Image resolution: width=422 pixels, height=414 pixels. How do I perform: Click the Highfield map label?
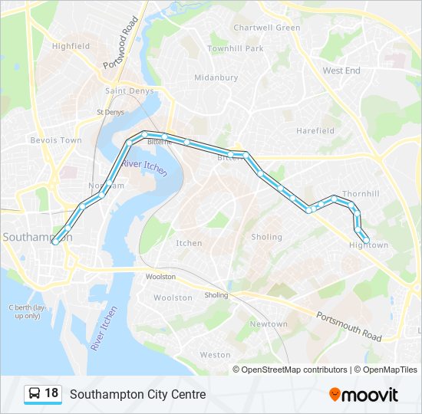[71, 46]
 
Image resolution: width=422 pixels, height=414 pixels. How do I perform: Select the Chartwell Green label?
[267, 28]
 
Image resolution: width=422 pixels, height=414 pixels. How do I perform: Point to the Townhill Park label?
[235, 48]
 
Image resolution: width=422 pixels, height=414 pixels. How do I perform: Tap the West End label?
[341, 71]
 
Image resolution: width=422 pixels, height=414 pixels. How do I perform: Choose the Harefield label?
[315, 130]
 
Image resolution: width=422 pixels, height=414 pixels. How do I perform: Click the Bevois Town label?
[55, 140]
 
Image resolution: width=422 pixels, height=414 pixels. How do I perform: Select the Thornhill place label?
[361, 194]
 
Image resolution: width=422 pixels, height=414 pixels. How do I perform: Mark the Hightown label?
[369, 245]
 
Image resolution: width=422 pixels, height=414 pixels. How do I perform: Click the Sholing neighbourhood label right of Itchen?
[267, 237]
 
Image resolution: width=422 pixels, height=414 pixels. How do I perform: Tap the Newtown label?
[269, 324]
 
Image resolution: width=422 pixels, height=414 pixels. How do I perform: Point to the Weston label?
[215, 355]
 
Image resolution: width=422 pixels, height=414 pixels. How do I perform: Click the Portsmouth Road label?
[349, 326]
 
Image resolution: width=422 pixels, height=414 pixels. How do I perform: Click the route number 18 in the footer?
[51, 393]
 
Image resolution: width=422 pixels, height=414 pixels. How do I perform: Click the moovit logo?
[364, 395]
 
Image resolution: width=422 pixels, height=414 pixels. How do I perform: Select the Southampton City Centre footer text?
[138, 394]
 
